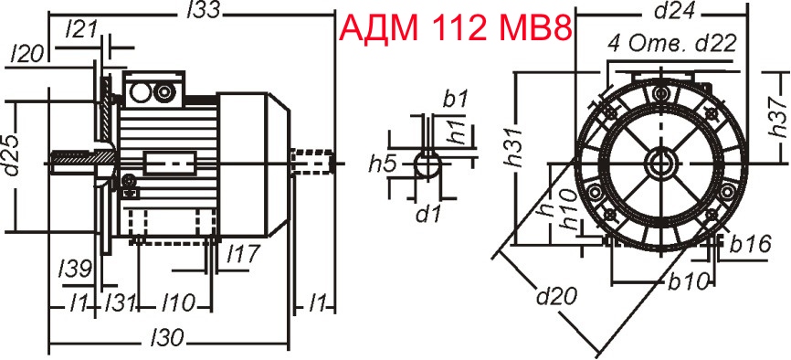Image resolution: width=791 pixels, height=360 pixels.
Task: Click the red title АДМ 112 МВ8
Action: point(456,29)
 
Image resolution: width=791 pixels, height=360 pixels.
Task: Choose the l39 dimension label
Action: point(73,268)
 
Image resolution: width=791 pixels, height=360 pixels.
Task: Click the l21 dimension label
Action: point(82,29)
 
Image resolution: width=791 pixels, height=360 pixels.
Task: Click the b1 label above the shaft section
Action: point(455,97)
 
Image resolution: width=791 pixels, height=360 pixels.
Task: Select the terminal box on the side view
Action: point(152,91)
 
